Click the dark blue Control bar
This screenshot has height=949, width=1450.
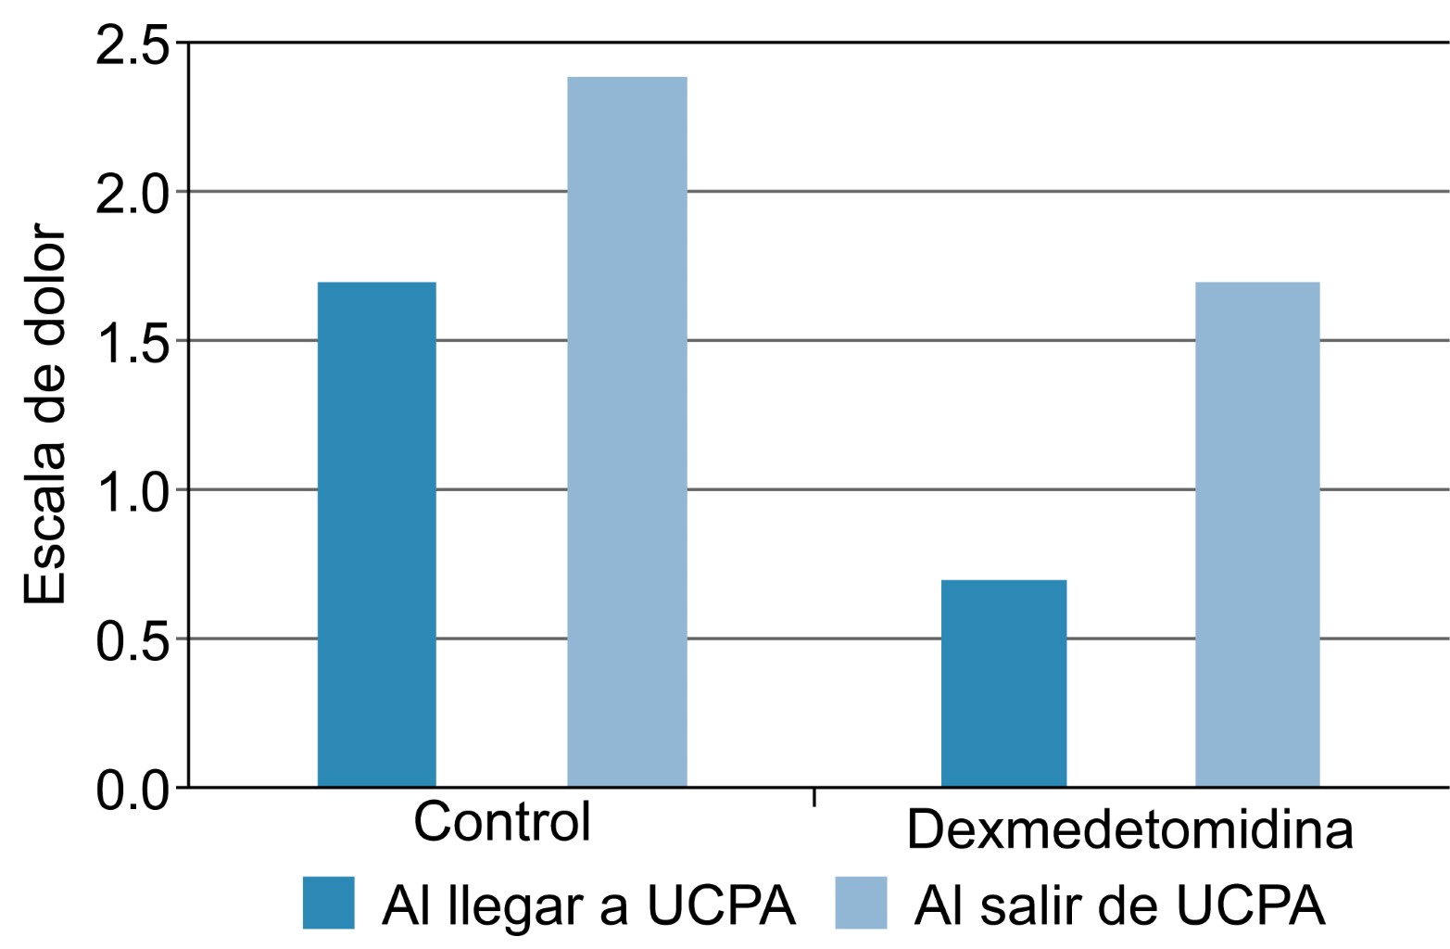point(376,534)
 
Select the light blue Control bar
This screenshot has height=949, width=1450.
point(626,432)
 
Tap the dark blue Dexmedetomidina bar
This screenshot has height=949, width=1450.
point(1003,683)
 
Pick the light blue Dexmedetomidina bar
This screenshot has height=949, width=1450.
point(1256,534)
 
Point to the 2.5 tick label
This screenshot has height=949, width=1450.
point(133,46)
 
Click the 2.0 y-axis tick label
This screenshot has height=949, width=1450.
point(133,194)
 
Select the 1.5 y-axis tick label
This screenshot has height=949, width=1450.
point(133,343)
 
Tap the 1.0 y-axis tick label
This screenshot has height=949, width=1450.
point(133,491)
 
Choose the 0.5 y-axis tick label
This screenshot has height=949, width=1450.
point(133,640)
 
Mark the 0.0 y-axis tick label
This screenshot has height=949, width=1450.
point(133,790)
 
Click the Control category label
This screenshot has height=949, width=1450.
point(501,821)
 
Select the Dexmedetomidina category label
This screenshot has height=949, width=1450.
point(1129,829)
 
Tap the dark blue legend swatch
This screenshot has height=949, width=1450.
point(328,903)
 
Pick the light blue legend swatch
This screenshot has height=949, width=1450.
point(861,903)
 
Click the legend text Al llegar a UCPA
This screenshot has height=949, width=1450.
point(588,905)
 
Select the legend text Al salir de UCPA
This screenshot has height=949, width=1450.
point(1119,905)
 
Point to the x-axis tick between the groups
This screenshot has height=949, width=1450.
point(814,797)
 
